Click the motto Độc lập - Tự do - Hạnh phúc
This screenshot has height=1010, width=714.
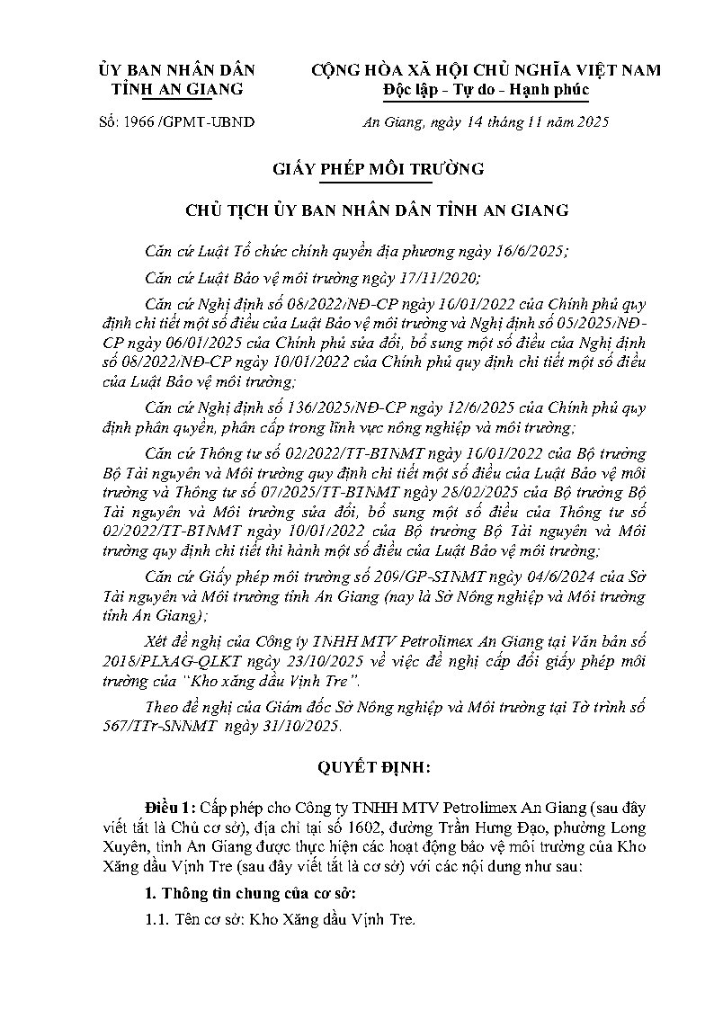pos(485,89)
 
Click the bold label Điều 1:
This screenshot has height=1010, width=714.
pos(172,802)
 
